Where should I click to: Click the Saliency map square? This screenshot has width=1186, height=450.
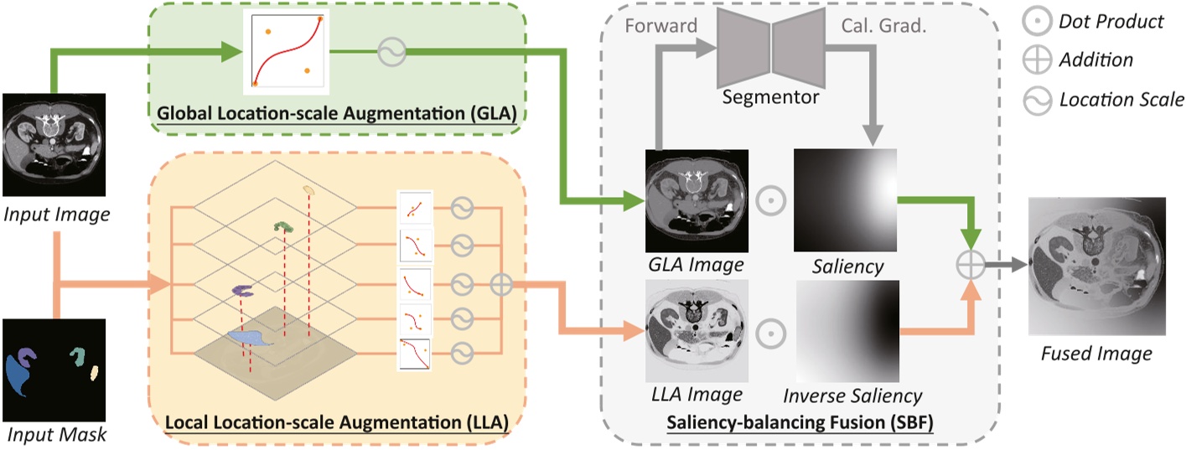pos(845,199)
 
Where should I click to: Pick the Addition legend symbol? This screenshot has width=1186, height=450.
pos(1037,60)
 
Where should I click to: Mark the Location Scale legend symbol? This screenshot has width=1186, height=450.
pos(1037,100)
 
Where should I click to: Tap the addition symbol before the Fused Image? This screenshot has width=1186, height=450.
pos(969,264)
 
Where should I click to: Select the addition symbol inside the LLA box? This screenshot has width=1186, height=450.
pos(500,284)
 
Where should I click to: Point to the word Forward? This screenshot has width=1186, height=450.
pos(660,26)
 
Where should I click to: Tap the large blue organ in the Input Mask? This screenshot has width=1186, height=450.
pos(23,374)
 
